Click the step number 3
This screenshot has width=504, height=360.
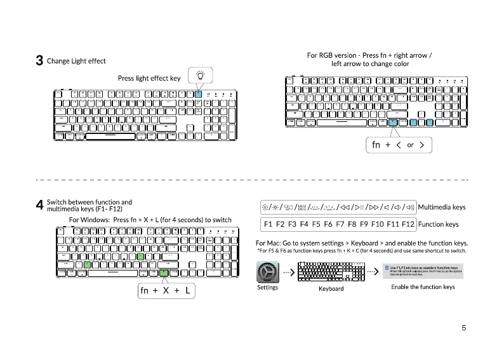39,61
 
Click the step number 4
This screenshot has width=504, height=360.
39,205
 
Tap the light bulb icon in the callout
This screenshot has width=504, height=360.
200,75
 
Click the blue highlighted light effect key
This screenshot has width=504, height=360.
198,94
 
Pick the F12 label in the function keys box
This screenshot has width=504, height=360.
408,224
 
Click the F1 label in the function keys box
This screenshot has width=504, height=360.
269,224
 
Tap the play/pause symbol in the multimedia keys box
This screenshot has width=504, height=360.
359,207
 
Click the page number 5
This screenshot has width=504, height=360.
464,328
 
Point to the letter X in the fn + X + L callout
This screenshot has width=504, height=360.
166,291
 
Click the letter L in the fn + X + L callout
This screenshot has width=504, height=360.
188,291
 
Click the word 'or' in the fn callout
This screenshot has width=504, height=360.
410,145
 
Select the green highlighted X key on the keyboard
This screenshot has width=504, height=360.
87,263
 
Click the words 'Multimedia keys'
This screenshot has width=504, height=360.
442,207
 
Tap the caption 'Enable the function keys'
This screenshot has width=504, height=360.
423,287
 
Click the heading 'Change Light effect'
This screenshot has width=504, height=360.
76,61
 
